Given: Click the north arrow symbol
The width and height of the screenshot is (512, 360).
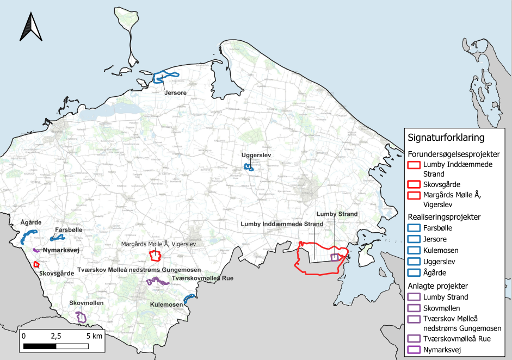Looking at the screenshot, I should click(31, 27).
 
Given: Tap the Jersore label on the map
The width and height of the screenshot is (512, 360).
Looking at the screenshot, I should click(175, 93).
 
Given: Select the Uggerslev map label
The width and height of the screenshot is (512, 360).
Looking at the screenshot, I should click(256, 156).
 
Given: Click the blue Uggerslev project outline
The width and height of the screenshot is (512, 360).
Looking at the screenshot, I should click(249, 167).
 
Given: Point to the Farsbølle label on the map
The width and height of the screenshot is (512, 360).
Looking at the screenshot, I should click(69, 230).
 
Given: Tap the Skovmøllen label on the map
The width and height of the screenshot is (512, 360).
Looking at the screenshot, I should click(87, 302).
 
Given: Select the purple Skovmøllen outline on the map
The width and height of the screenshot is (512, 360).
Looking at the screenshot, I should click(81, 316).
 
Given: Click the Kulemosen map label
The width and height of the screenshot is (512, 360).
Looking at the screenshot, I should click(166, 305).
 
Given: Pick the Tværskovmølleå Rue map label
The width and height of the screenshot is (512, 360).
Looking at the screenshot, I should click(202, 278).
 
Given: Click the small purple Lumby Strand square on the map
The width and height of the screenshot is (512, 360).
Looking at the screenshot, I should click(335, 257).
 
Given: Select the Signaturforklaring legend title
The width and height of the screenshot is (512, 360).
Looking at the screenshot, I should click(446, 138).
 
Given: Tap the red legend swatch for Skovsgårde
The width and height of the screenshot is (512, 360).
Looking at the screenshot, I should click(414, 185).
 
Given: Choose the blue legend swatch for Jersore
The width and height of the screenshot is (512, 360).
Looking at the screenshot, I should click(414, 239).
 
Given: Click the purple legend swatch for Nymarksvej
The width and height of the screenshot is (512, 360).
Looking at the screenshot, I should click(414, 350).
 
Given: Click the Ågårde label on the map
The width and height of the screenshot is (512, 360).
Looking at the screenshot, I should click(31, 223).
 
